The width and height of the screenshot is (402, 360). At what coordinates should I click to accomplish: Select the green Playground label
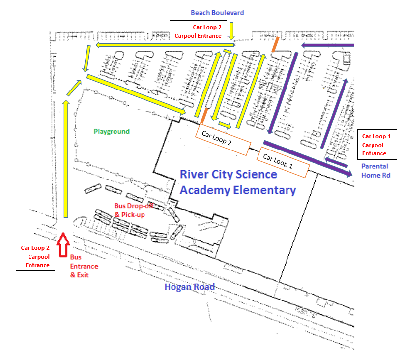pos(112,131)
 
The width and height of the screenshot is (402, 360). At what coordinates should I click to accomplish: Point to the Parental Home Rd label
pos(375,170)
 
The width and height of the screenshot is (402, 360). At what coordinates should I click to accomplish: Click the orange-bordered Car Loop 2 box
pos(223,140)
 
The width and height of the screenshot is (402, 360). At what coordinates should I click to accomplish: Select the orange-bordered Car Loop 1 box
pos(283,162)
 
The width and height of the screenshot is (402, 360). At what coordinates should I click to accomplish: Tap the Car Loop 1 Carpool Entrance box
pos(376,145)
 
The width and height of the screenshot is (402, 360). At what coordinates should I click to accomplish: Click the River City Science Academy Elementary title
pos(238,182)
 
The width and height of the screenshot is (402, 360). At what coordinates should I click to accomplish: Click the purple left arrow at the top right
pos(327,46)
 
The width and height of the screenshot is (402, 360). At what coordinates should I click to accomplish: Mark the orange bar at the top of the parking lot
pos(276,45)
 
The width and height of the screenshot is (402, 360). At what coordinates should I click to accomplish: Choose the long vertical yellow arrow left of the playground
pos(65,158)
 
